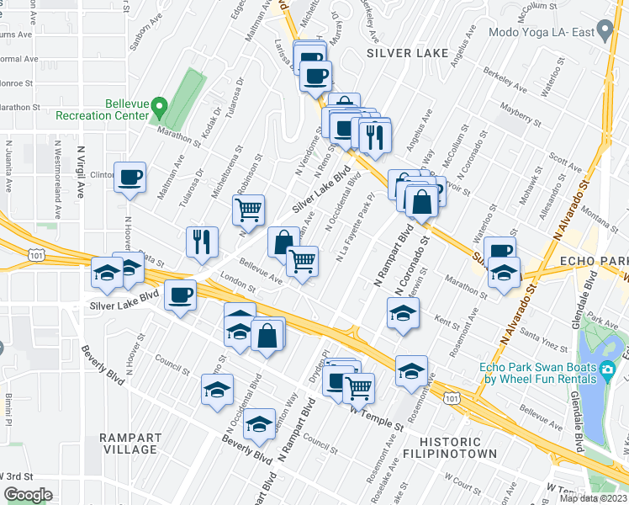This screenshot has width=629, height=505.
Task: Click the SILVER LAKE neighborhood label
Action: coord(401,53)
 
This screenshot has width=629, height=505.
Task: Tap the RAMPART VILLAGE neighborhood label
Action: coord(129,444)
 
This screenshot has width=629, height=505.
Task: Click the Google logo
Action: coord(27,495)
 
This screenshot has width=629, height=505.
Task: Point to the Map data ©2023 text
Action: coord(594,498)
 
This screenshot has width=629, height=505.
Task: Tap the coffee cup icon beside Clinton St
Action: coord(130,178)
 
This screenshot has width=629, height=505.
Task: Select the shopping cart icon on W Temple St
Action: coord(359,387)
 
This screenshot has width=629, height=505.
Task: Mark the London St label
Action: coord(238,284)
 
